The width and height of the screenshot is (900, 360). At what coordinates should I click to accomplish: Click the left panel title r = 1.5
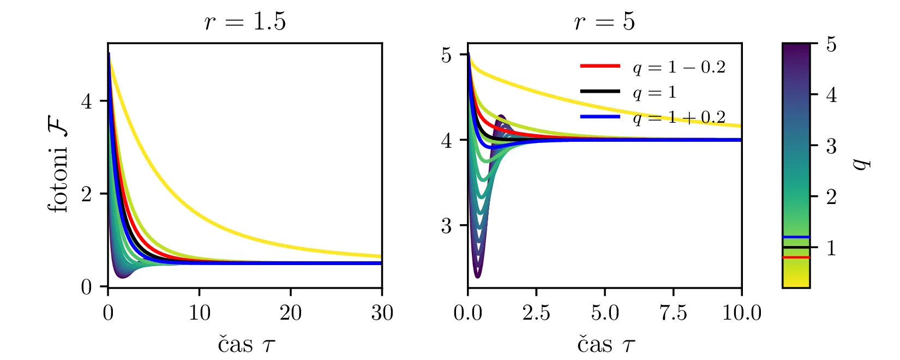pos(245,22)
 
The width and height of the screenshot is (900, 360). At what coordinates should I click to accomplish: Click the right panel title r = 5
pos(604,22)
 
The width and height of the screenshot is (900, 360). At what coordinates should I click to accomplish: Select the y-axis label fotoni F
pos(58,164)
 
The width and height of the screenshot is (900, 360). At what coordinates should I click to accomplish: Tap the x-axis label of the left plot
pos(246,345)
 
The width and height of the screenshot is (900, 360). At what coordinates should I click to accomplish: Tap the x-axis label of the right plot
pos(606,345)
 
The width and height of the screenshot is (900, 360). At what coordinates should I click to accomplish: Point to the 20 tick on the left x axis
pos(291,313)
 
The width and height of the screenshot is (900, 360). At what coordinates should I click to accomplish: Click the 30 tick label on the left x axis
pos(382,313)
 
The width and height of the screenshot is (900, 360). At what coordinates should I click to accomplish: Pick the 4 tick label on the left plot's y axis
pos(87,101)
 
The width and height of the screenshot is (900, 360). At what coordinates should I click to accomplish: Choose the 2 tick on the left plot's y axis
pos(87,194)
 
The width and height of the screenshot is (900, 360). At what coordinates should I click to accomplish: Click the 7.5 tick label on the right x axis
pos(673,313)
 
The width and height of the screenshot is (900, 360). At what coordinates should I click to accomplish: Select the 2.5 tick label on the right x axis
pos(536,313)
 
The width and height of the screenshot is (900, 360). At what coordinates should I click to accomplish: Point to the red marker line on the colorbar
pos(796,257)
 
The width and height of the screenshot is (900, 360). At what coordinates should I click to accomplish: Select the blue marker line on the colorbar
pos(796,237)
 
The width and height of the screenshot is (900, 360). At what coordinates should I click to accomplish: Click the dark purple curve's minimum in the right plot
pos(478,277)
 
